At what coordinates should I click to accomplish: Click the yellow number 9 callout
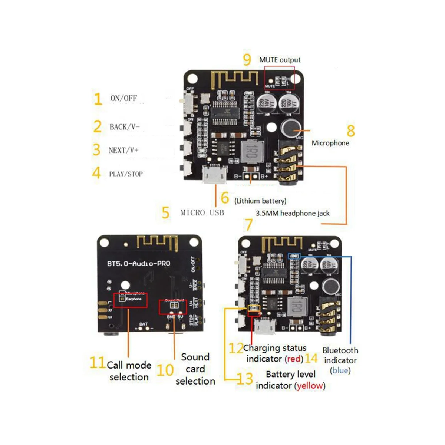coord(247,59)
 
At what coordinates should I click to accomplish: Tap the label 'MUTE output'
coord(280,60)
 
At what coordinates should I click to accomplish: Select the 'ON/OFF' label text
coord(123,98)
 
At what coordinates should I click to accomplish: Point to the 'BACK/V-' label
coord(125,127)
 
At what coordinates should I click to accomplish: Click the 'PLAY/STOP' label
coord(126,174)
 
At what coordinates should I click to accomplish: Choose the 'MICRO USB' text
coord(202,212)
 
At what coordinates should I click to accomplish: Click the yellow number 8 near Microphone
coord(350,131)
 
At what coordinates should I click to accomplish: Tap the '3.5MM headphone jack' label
coord(292,213)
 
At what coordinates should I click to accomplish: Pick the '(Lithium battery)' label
coord(260,201)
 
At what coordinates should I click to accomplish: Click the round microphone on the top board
coord(291,128)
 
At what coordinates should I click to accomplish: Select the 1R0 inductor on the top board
coord(251,151)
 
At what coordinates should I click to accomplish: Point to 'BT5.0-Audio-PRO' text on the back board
coord(139,264)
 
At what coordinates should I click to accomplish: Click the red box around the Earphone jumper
coord(130,300)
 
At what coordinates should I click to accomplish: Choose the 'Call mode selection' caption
coord(129,371)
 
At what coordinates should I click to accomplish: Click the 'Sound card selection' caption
coord(195,369)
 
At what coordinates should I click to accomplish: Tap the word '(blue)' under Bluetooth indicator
coord(340,370)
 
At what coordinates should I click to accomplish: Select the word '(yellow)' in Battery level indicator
coord(310,386)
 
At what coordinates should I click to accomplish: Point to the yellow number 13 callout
coord(245,379)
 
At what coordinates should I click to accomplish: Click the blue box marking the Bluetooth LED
coord(294,256)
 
